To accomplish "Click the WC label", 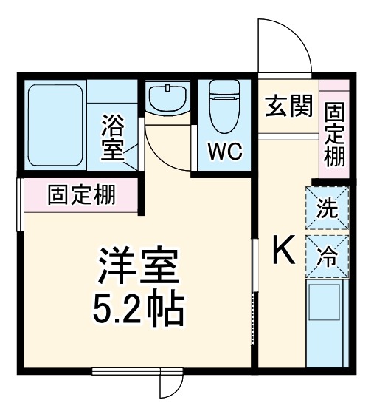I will (x=224, y=152).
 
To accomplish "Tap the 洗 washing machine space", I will (x=327, y=208).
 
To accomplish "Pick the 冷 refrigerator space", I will (x=327, y=257).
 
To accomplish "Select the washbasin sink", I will (x=167, y=98).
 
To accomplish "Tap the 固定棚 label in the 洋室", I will (x=81, y=196).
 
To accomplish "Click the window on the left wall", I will (x=21, y=203).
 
